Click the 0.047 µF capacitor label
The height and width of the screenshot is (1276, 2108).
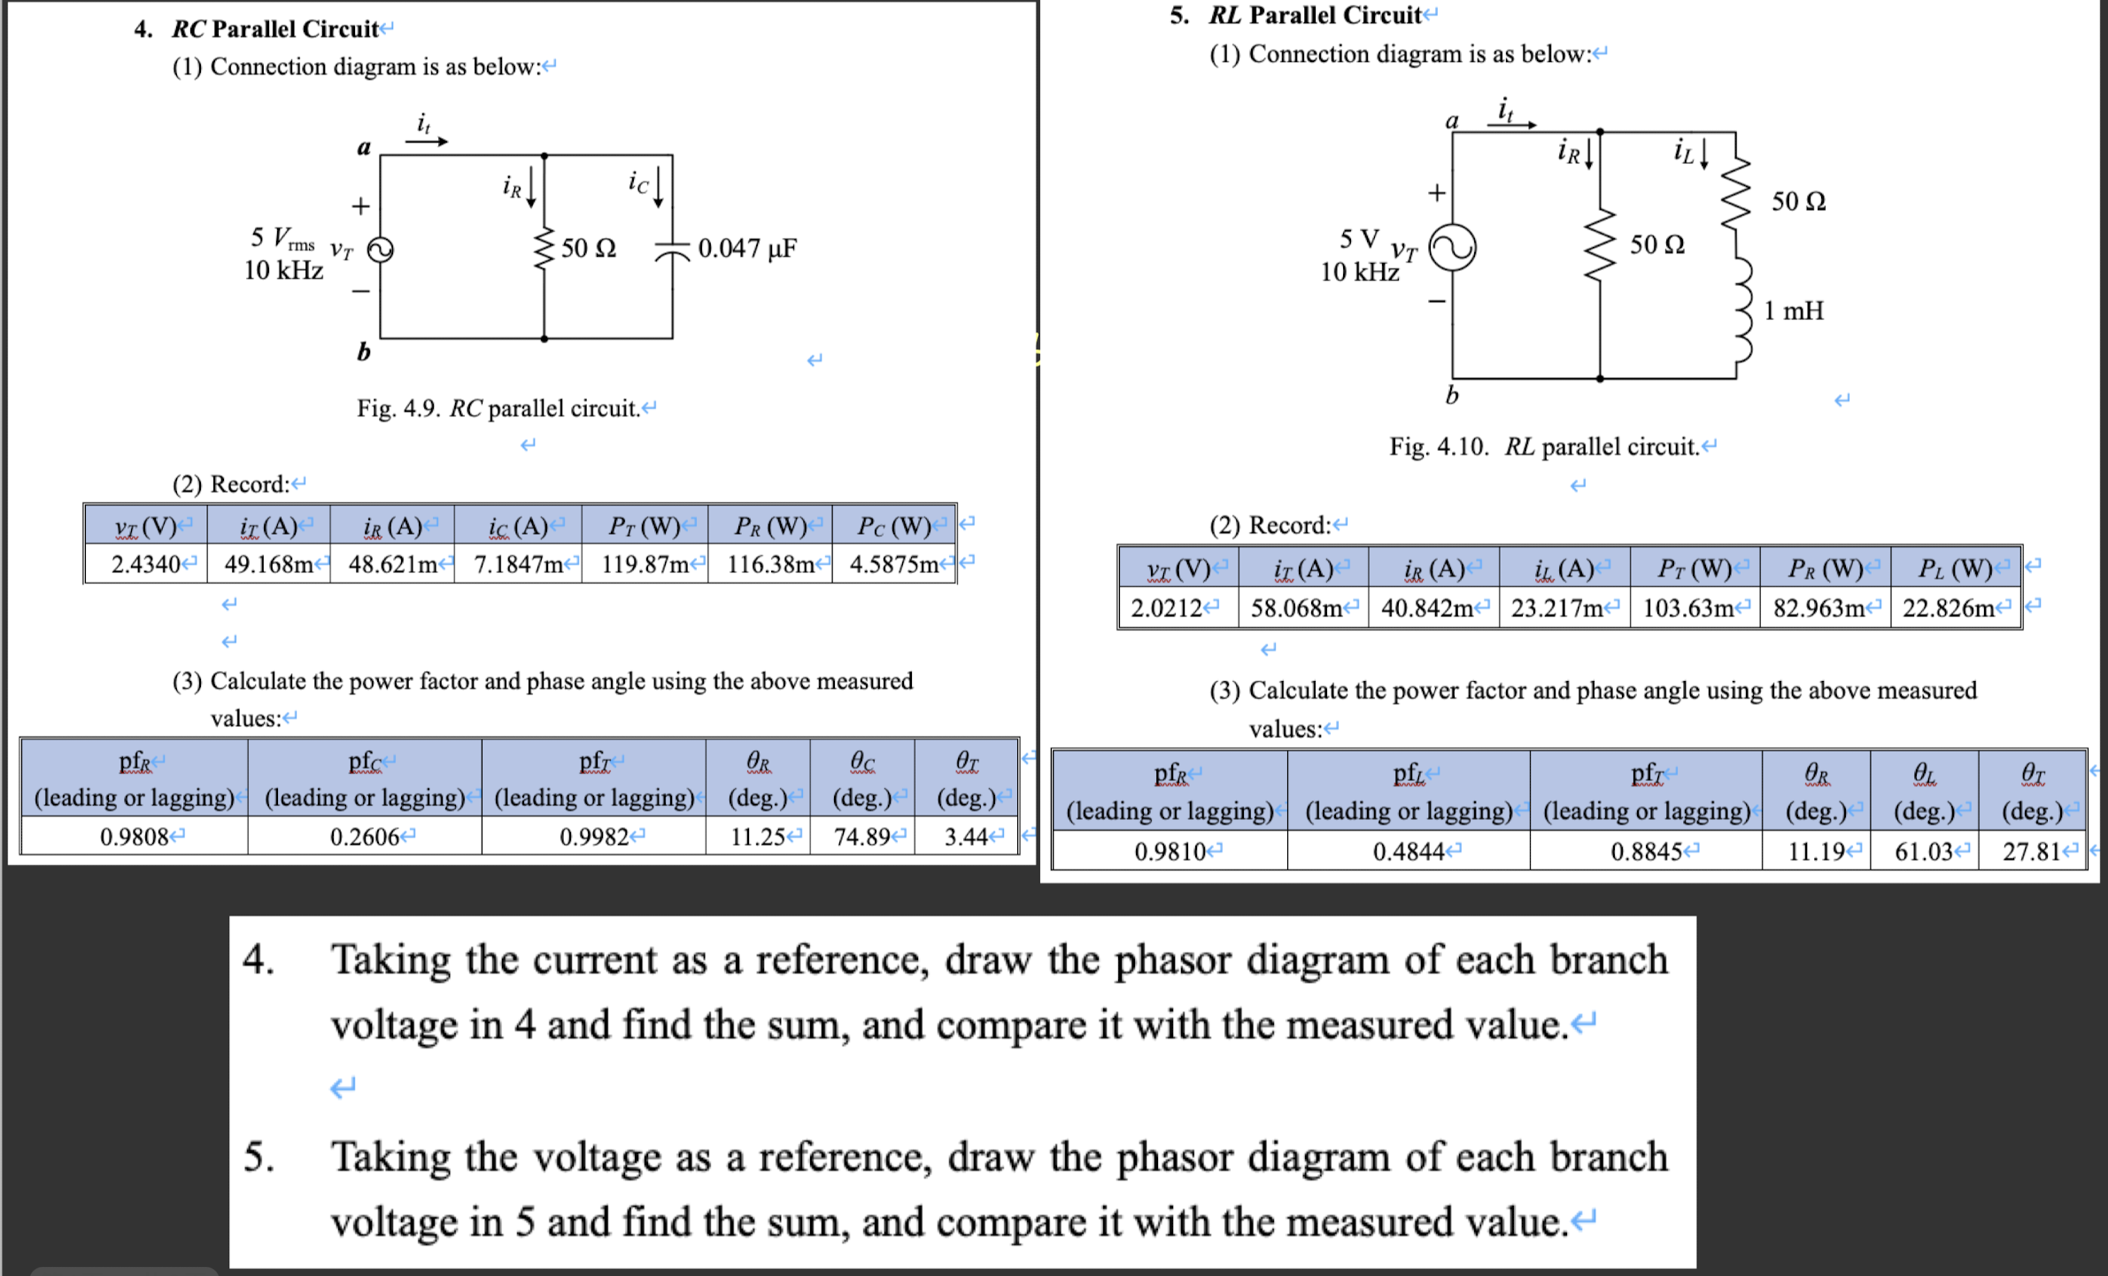point(746,248)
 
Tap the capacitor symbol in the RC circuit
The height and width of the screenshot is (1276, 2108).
point(672,250)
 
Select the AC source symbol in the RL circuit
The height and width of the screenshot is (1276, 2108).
point(1452,248)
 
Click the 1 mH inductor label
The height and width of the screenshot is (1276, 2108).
point(1793,311)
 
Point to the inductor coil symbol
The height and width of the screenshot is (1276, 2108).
point(1741,310)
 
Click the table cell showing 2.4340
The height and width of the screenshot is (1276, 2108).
point(146,564)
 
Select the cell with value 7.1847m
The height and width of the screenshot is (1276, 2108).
point(519,564)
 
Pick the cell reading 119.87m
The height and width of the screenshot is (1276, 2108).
point(645,564)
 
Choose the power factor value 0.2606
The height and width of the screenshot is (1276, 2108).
point(365,837)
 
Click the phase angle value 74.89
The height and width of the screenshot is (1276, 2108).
point(862,837)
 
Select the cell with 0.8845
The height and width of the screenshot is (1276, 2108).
point(1646,852)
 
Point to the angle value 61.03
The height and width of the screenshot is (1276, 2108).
point(1924,852)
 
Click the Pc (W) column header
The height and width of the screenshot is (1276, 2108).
point(894,527)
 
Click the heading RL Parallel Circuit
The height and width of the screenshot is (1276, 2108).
point(1315,15)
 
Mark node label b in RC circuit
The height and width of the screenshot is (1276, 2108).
point(363,352)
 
